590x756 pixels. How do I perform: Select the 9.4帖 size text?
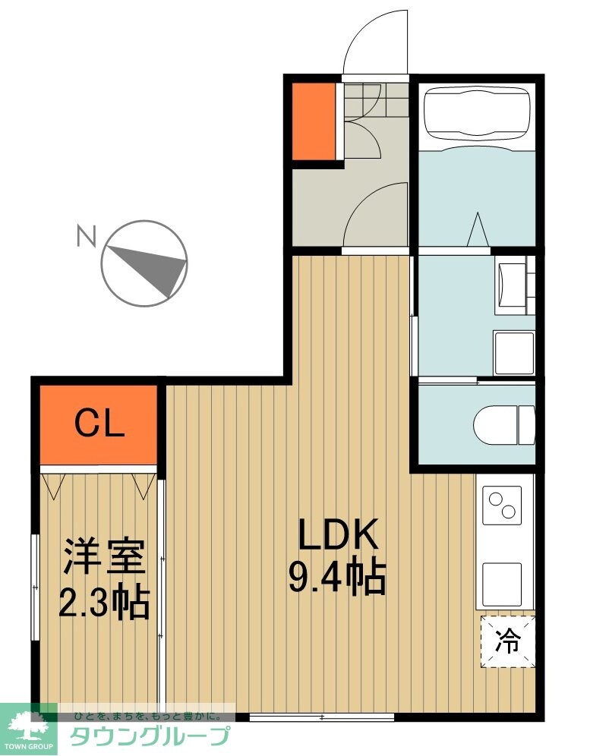(337, 578)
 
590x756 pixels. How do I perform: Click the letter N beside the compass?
(86, 238)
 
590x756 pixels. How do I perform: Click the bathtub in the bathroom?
(476, 114)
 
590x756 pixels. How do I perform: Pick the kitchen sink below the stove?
(503, 581)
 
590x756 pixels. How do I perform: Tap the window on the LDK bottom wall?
(321, 717)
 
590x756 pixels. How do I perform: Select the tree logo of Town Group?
(29, 727)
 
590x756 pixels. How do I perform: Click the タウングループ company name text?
(150, 736)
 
